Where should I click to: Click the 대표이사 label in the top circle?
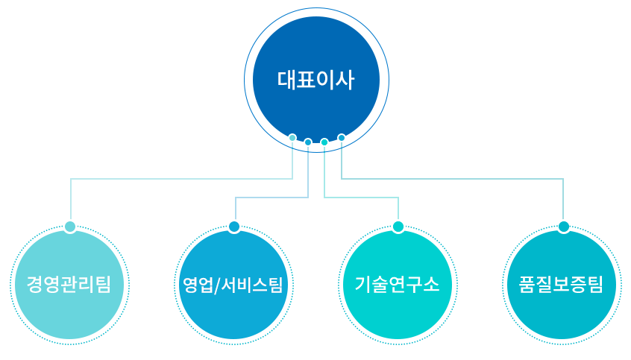pyautogui.click(x=315, y=80)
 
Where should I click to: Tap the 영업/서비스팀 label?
pyautogui.click(x=233, y=285)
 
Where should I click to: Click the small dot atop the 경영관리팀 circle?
pyautogui.click(x=70, y=227)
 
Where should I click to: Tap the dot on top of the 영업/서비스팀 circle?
pyautogui.click(x=234, y=227)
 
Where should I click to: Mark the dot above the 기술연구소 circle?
pyautogui.click(x=398, y=227)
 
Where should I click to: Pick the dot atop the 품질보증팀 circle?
pyautogui.click(x=563, y=227)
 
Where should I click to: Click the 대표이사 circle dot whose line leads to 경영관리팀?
pyautogui.click(x=292, y=138)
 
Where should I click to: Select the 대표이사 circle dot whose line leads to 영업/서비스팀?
pyautogui.click(x=308, y=142)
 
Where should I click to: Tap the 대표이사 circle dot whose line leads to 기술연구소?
pyautogui.click(x=324, y=142)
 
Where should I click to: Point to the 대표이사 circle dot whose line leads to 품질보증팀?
pyautogui.click(x=342, y=138)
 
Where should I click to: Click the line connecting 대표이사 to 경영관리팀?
pyautogui.click(x=179, y=179)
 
